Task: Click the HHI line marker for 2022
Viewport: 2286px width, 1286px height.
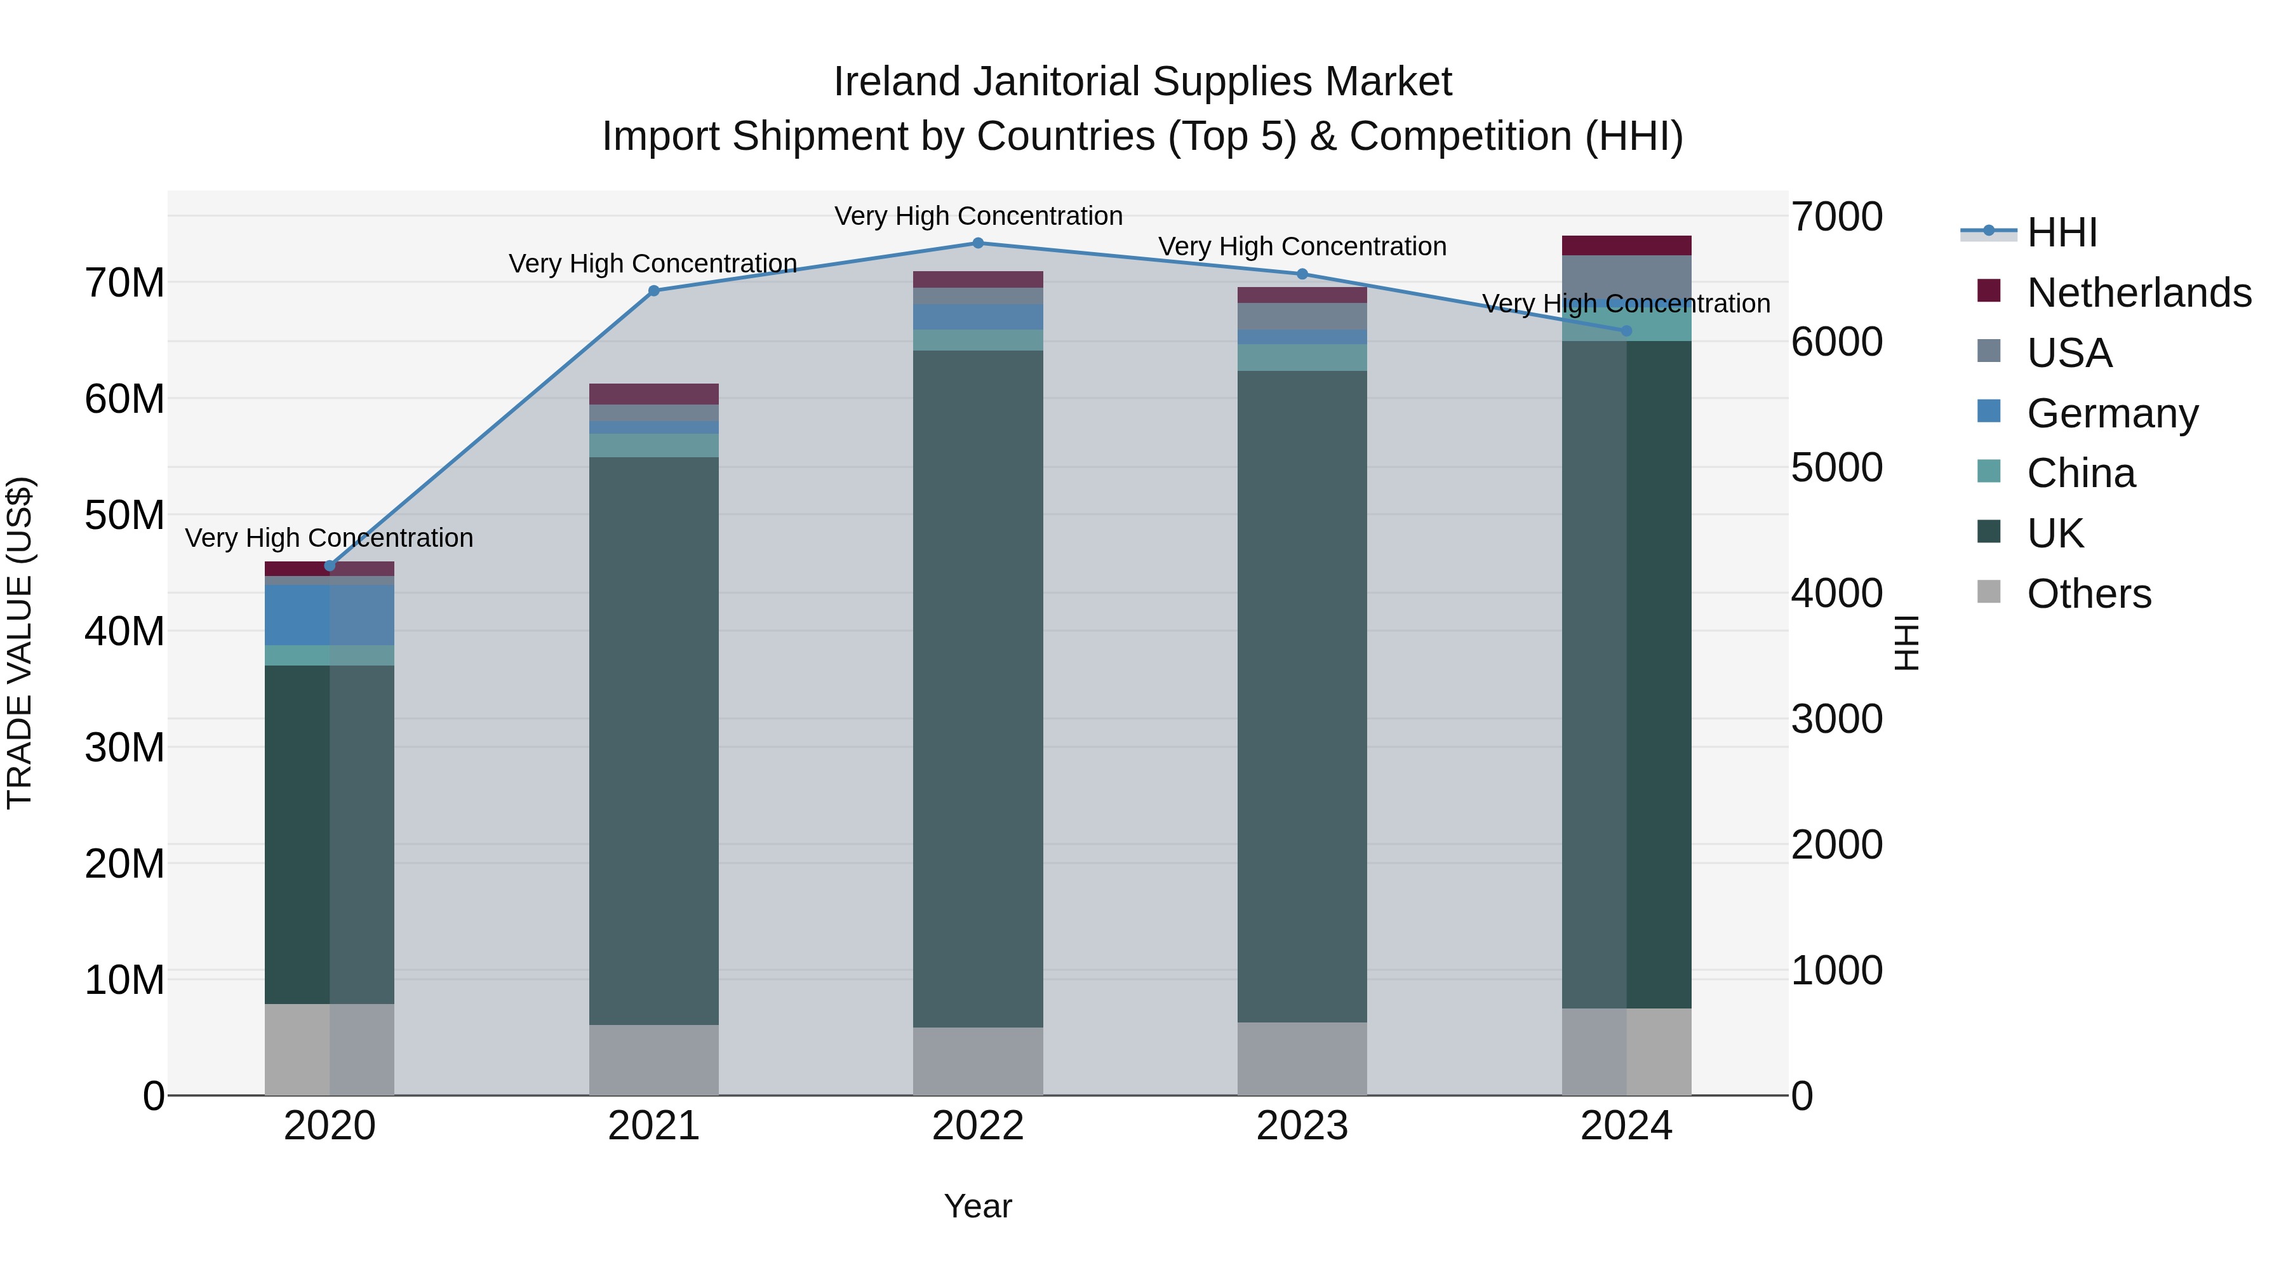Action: (x=978, y=243)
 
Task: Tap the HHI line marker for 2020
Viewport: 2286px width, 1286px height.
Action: (x=330, y=565)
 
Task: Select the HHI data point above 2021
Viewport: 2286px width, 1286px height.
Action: (x=654, y=291)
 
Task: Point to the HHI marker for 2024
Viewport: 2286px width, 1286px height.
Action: (x=1627, y=331)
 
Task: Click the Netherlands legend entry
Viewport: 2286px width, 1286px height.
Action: (x=2139, y=293)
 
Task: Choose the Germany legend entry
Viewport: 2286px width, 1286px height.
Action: (x=2112, y=413)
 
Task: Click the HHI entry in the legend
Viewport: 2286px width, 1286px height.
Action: (x=2061, y=232)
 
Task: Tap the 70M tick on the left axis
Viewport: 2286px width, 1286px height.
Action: (x=124, y=283)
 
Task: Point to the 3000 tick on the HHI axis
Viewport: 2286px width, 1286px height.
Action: (x=1836, y=719)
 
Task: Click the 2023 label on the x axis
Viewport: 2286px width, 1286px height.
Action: (x=1302, y=1126)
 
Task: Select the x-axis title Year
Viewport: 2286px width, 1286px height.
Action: (x=978, y=1206)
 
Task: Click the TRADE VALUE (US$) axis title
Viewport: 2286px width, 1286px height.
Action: (x=20, y=643)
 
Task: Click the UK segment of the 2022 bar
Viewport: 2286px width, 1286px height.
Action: (x=978, y=688)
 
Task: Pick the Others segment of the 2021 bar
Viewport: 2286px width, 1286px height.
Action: (x=654, y=1060)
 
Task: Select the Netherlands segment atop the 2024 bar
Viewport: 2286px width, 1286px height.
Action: (x=1627, y=246)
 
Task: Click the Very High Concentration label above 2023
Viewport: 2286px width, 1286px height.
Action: (x=1302, y=247)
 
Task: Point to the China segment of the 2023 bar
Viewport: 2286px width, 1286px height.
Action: (x=1302, y=358)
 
